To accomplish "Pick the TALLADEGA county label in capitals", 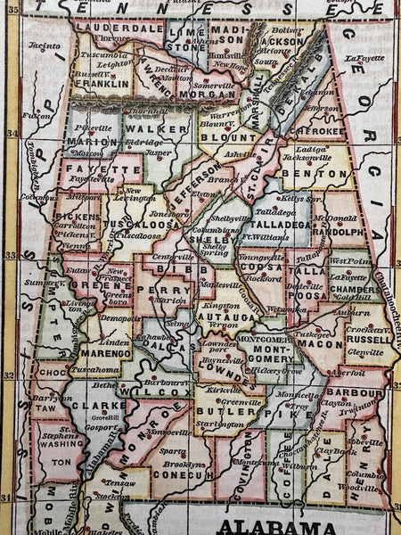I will tap(284, 225).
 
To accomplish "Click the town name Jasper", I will tap(158, 152).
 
